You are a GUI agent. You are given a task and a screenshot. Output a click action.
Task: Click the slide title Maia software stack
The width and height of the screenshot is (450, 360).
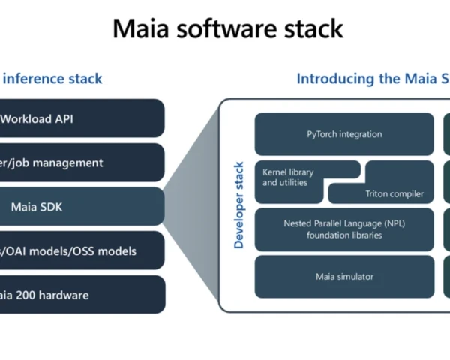pos(227,29)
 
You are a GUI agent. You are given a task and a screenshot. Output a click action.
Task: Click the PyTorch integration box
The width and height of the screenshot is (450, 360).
pos(344,134)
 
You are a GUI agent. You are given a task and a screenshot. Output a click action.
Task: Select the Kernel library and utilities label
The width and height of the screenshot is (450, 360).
pos(288,178)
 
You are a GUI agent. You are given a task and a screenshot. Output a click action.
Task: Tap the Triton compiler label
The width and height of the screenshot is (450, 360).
pos(394,194)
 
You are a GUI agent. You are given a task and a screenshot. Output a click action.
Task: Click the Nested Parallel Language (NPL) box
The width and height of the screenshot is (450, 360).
pos(344,229)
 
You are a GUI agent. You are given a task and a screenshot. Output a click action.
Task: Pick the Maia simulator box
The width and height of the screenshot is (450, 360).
pos(344,277)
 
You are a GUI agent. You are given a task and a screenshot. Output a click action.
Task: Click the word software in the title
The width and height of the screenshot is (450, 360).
pos(225,29)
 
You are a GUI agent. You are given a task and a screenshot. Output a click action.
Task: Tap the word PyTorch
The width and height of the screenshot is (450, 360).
pos(324,134)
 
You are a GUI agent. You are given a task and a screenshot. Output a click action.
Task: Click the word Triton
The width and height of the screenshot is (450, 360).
pos(379,194)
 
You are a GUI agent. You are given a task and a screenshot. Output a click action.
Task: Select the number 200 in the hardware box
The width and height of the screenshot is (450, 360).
pos(29,295)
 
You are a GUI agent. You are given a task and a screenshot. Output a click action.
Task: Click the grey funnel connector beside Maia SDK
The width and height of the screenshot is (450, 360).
pos(191,206)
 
